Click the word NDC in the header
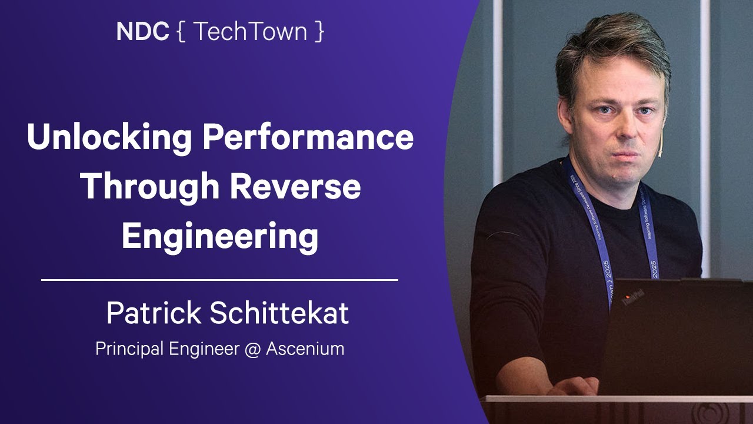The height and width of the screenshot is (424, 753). tap(142, 32)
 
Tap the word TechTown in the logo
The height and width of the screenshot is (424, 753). tap(250, 32)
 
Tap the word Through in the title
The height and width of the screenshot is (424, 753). tap(149, 187)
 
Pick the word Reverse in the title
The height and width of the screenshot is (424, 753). tap(296, 187)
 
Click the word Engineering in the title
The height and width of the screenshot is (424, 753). tap(220, 237)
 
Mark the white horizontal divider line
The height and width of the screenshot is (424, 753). tap(219, 280)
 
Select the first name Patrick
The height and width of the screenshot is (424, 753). tap(153, 313)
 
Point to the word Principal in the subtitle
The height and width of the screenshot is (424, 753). tap(129, 349)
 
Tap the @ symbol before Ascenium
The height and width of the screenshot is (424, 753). tap(250, 349)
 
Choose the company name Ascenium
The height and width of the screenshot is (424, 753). tap(305, 349)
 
